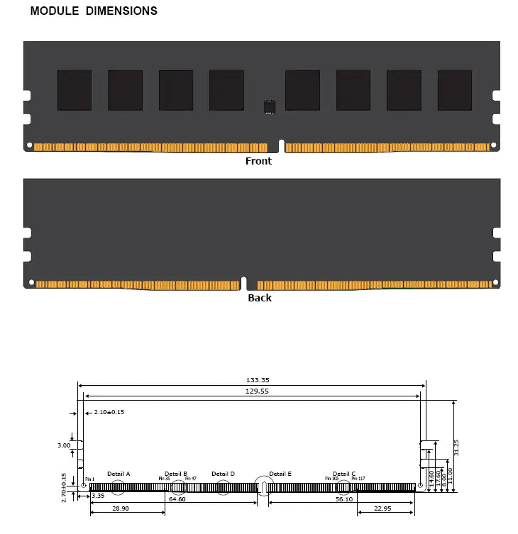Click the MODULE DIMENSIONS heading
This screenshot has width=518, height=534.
point(94,11)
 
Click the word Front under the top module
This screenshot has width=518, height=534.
point(258,161)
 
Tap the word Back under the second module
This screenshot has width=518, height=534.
point(259,298)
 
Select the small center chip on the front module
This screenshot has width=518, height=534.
point(269,108)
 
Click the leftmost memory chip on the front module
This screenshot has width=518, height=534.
point(75,90)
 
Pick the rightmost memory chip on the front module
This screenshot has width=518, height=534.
point(454,90)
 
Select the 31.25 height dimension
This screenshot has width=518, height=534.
point(456,447)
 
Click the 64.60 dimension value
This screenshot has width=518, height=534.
point(177,499)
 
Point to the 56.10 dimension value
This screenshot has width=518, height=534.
point(344,499)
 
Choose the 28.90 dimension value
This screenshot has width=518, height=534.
point(121,509)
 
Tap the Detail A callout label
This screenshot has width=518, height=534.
point(119,474)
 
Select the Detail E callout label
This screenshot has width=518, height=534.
point(280,474)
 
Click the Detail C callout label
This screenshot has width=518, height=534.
point(344,474)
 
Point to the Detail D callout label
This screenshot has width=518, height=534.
point(223,474)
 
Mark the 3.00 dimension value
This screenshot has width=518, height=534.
point(64,445)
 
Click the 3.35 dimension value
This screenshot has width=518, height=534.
point(98,496)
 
